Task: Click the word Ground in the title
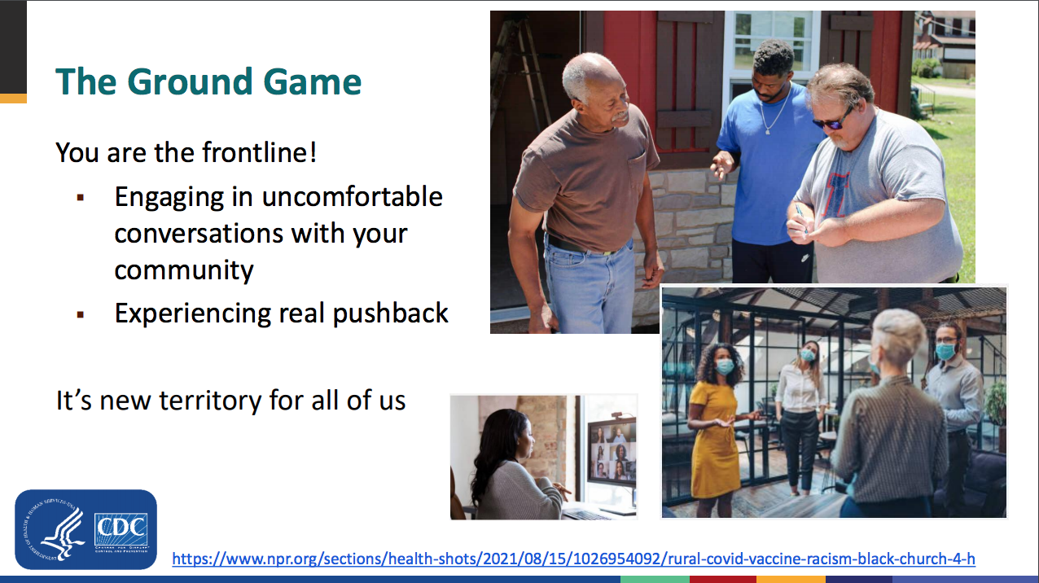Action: pos(191,81)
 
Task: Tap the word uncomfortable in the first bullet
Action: pos(352,197)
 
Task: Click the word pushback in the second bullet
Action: pos(390,313)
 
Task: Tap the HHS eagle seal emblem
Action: pos(53,530)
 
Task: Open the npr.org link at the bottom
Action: pos(573,559)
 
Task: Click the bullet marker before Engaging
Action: pos(81,198)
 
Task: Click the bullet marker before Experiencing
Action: pos(81,315)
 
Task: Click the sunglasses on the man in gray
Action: pos(833,121)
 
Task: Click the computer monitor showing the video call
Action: pos(612,452)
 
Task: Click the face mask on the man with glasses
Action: pos(945,352)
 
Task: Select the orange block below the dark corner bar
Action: pos(13,99)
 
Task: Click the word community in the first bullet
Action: pos(184,270)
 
